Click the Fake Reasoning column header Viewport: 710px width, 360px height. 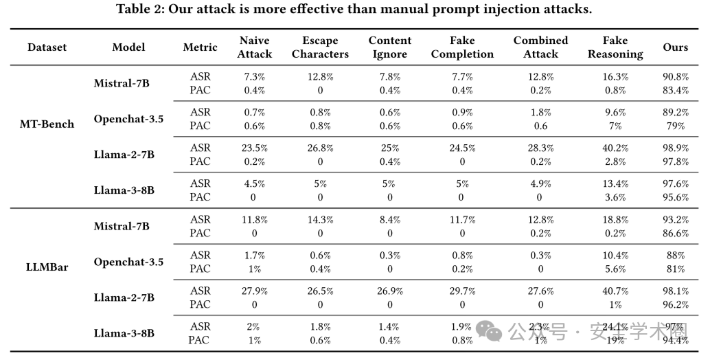pyautogui.click(x=615, y=47)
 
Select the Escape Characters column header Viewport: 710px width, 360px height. pyautogui.click(x=320, y=47)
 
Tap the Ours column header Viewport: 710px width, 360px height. pyautogui.click(x=675, y=47)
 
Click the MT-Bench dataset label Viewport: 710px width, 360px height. pyautogui.click(x=47, y=124)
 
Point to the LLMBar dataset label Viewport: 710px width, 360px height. pyautogui.click(x=47, y=267)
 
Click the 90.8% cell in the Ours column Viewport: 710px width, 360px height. pyautogui.click(x=676, y=77)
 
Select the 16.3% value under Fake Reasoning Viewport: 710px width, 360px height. pyautogui.click(x=615, y=77)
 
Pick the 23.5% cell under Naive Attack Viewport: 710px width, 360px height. pyautogui.click(x=255, y=148)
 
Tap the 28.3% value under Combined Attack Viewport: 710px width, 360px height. pyautogui.click(x=540, y=148)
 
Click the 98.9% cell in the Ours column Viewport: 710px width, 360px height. pyautogui.click(x=676, y=148)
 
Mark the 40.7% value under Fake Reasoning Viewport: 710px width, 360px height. pyautogui.click(x=615, y=291)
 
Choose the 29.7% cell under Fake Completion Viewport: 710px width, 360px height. pyautogui.click(x=462, y=291)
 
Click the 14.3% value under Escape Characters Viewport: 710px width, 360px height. pyautogui.click(x=320, y=220)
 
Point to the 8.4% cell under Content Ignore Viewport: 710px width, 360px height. pyautogui.click(x=390, y=220)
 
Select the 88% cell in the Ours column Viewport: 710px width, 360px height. pyautogui.click(x=676, y=256)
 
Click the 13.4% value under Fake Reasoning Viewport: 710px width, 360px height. pyautogui.click(x=615, y=184)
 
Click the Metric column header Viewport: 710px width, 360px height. pyautogui.click(x=200, y=47)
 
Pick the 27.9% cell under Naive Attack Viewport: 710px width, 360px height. pyautogui.click(x=255, y=291)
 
